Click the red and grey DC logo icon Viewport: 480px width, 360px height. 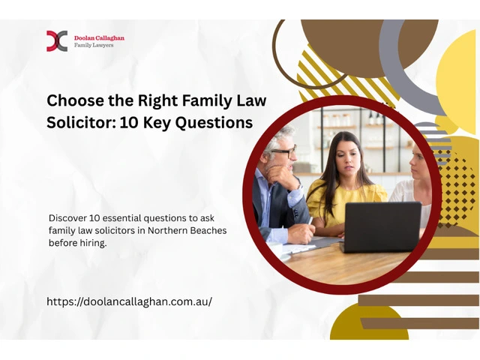pyautogui.click(x=57, y=40)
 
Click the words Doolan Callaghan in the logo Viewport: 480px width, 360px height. pyautogui.click(x=99, y=38)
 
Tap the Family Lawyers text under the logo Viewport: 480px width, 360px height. pyautogui.click(x=94, y=45)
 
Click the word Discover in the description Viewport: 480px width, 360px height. pyautogui.click(x=67, y=218)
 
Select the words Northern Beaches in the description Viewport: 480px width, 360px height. pyautogui.click(x=187, y=230)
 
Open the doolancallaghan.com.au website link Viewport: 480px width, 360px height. pyautogui.click(x=129, y=301)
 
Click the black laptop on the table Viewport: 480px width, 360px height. pyautogui.click(x=382, y=226)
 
